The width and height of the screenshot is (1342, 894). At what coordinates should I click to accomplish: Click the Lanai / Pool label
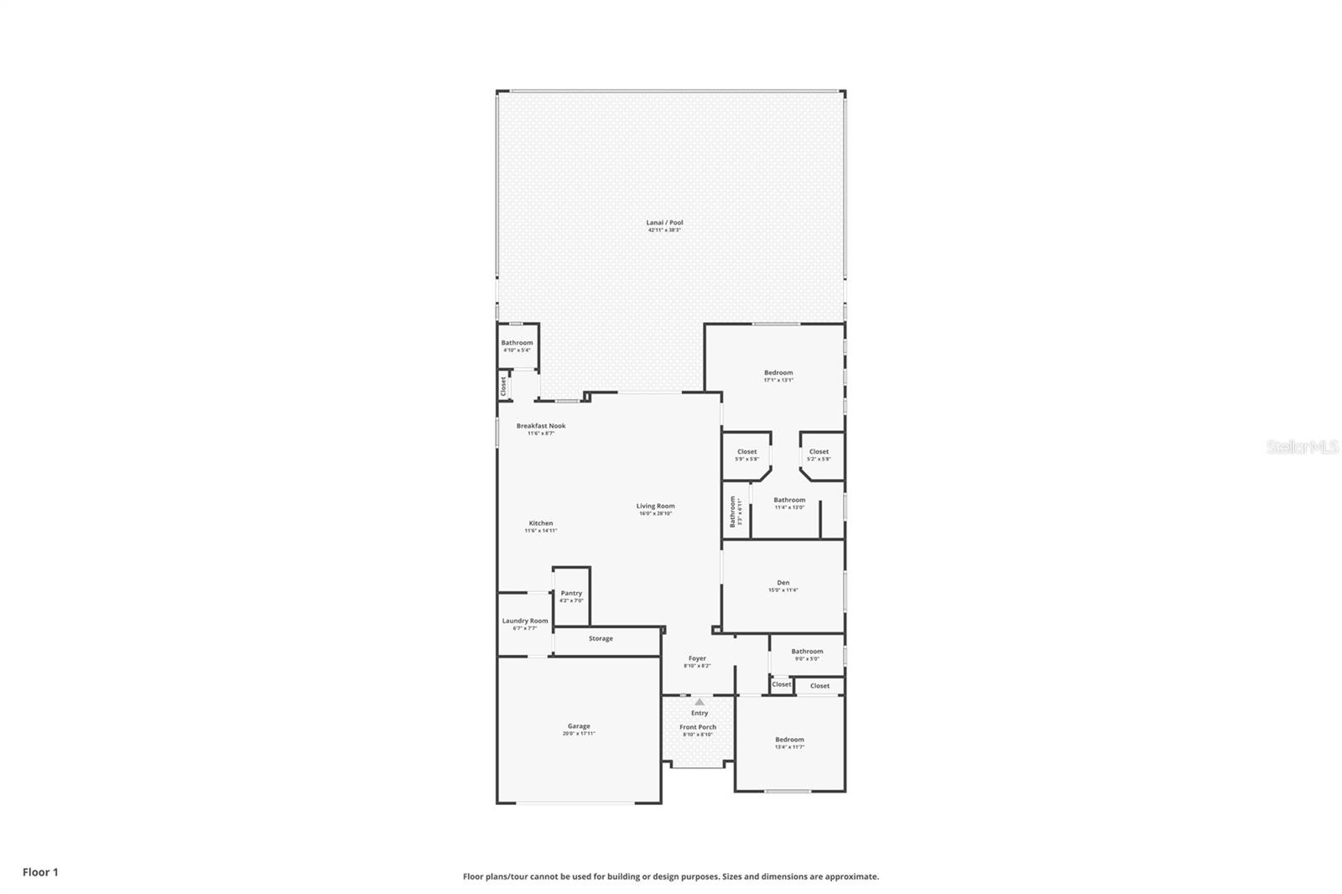(x=664, y=223)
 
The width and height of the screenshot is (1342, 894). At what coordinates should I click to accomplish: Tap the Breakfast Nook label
(x=541, y=426)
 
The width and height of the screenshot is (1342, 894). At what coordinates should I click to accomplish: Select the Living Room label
(x=655, y=507)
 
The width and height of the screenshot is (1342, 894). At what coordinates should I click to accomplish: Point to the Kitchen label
(x=541, y=523)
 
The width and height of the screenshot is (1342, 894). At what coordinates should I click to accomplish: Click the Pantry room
(x=571, y=596)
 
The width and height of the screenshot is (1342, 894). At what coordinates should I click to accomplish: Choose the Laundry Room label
(x=525, y=621)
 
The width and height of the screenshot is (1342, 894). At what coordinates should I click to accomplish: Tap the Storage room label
(x=601, y=639)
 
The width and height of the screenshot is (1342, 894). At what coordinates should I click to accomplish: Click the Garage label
(x=579, y=726)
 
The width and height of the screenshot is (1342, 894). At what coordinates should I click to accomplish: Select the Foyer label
(x=697, y=659)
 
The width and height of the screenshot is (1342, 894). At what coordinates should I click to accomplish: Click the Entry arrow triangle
(x=700, y=702)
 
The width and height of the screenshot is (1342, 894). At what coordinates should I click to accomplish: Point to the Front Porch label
(x=698, y=727)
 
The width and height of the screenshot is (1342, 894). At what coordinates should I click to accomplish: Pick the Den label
(x=783, y=583)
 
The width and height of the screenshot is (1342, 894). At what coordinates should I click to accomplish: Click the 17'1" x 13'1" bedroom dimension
(x=778, y=381)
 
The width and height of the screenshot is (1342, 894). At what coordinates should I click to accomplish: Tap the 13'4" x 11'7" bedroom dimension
(x=789, y=747)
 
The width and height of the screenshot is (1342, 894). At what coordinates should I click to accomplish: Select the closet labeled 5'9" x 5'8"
(x=746, y=455)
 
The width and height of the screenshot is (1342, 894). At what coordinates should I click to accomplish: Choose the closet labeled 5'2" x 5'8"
(x=819, y=455)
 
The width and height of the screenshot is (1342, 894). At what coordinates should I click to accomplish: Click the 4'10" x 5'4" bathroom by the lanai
(x=517, y=346)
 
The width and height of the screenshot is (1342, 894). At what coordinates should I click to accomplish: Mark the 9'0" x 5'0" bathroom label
(x=807, y=654)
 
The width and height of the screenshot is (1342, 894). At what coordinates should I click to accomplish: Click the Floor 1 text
(x=40, y=872)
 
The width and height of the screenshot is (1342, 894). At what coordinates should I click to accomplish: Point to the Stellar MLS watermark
(x=1303, y=447)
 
